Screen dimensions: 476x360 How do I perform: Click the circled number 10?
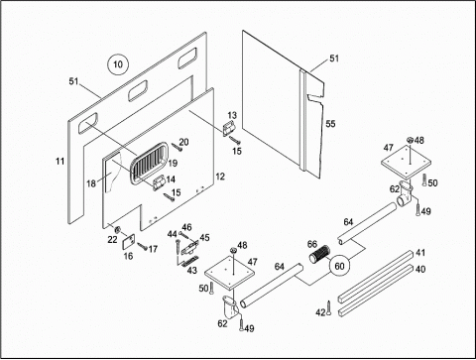tap(118, 64)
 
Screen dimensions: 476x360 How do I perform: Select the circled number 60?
tap(339, 266)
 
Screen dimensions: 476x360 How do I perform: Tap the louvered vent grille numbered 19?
tap(149, 163)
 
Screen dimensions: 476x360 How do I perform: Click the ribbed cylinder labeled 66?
tap(320, 254)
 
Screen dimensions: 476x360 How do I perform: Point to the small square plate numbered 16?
tap(128, 242)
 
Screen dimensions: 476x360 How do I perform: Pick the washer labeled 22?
tap(117, 229)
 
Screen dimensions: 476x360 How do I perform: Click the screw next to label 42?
tap(329, 307)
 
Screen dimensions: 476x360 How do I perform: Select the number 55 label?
tap(330, 124)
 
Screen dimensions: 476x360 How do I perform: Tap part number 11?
tap(59, 162)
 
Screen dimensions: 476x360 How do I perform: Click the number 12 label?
tap(220, 177)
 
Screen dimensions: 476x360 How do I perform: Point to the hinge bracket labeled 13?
tap(229, 128)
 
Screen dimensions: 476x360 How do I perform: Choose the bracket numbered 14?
tap(159, 183)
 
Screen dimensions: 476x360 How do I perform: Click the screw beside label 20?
tap(177, 147)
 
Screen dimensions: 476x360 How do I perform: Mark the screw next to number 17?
tap(143, 246)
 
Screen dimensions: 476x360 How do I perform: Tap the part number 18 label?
tap(91, 183)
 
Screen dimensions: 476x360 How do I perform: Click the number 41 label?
tap(420, 253)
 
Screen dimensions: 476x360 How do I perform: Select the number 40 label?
tap(420, 269)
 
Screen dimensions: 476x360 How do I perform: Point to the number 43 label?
tap(192, 270)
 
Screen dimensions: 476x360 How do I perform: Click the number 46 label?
tap(186, 227)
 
